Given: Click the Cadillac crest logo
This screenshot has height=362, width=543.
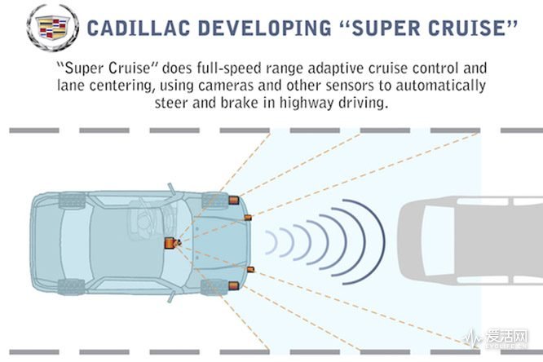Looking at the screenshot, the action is tap(52, 28).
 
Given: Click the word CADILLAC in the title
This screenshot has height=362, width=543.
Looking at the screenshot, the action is tap(139, 28).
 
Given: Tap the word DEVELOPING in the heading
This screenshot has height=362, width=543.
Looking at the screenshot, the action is tap(265, 28).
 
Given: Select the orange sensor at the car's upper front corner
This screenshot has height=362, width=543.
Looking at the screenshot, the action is tap(233, 200).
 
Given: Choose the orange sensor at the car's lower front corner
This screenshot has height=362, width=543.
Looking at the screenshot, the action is tap(233, 286).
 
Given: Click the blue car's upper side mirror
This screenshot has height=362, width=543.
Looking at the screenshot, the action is tap(172, 190).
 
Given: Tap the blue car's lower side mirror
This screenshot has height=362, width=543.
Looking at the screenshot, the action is tap(172, 296).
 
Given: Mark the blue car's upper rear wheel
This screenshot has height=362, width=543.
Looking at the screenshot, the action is tap(72, 201).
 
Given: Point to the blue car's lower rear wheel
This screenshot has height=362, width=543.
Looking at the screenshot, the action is tap(71, 287).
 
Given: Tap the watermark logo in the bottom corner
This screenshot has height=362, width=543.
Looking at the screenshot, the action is tap(496, 338).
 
